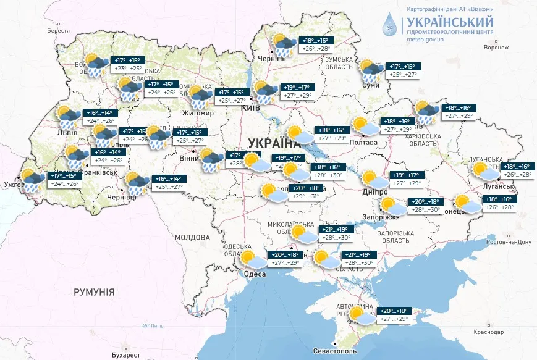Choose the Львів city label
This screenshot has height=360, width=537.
tap(66, 132)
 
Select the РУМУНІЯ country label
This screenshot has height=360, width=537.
tap(94, 291)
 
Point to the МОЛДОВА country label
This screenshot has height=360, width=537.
tap(192, 237)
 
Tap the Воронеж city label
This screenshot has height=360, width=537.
tap(496, 47)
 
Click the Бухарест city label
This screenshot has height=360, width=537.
tap(122, 355)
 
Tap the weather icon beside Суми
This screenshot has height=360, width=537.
tap(371, 70)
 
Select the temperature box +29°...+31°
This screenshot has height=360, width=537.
tap(307, 196)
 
